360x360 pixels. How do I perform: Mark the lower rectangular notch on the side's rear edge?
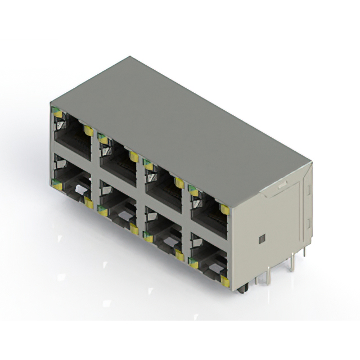point(308,224)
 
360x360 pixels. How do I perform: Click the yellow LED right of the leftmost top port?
point(88,130)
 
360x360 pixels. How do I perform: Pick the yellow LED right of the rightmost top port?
point(224,209)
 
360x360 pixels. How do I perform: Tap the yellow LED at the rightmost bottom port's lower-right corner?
point(224,280)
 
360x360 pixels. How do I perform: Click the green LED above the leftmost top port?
point(57,112)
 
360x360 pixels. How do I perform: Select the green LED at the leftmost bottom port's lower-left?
point(56,182)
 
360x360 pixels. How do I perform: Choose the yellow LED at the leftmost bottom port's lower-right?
point(88,202)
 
